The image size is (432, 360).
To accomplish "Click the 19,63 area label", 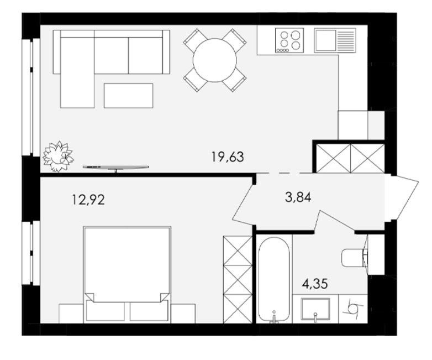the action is click(228, 157).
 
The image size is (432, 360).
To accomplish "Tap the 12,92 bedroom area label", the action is click(88, 199).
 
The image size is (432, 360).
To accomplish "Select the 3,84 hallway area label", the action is click(298, 197).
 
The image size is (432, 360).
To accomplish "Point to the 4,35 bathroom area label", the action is click(315, 284).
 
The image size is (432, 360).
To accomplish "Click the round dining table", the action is click(215, 60).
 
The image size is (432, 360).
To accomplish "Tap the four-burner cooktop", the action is click(289, 40).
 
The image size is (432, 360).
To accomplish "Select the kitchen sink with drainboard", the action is click(335, 40).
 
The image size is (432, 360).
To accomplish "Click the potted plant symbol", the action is click(58, 156).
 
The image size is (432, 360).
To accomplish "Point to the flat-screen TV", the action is click(115, 168).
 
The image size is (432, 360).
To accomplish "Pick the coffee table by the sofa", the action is click(128, 96).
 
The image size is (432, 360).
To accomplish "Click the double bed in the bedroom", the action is click(127, 274).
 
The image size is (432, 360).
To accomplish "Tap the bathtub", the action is click(274, 279).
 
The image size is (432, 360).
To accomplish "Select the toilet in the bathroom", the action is click(354, 257).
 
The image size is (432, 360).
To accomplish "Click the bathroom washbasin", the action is click(315, 309).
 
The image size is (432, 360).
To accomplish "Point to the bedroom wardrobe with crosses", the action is click(238, 279).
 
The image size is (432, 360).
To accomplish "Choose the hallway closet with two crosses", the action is click(350, 159).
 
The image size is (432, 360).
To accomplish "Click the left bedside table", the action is click(71, 314).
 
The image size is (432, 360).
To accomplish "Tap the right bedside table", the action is click(183, 314).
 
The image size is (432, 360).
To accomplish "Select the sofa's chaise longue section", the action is click(77, 72).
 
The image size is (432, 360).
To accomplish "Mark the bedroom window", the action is click(31, 253).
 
